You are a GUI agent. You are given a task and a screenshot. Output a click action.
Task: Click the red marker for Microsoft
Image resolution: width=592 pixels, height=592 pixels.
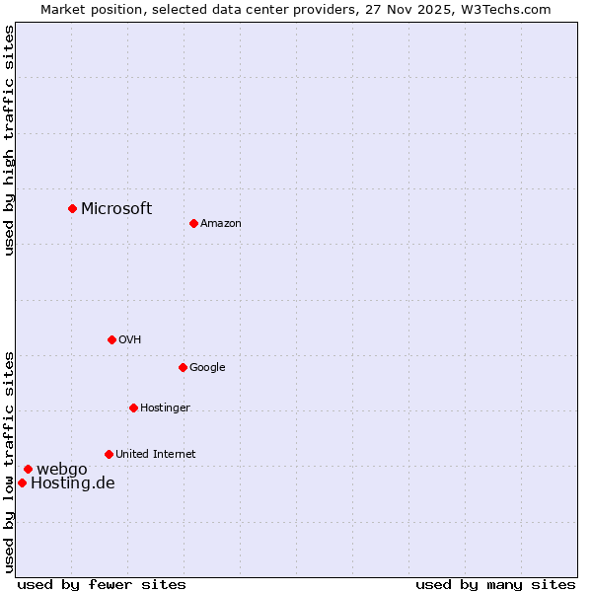click(x=72, y=208)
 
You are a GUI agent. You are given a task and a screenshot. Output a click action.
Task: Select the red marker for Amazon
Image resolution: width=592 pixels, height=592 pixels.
click(x=193, y=223)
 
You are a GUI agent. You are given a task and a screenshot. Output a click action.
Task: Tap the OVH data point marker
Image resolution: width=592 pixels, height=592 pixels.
click(x=111, y=339)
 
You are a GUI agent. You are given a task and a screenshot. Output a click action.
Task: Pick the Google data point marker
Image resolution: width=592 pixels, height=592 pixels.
click(x=183, y=367)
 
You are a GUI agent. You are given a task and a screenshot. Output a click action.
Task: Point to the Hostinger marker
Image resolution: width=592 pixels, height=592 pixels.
click(x=133, y=407)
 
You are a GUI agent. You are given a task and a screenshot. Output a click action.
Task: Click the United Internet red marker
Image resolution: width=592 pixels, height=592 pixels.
click(x=109, y=454)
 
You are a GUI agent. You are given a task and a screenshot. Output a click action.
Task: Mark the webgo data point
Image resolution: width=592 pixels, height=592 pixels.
click(x=28, y=469)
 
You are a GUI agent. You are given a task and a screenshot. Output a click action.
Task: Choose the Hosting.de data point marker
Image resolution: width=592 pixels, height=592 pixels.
click(x=22, y=482)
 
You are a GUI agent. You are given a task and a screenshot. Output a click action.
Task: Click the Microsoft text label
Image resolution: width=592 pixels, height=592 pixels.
click(x=116, y=208)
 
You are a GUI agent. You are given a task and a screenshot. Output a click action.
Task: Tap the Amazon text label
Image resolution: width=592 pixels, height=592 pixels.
click(x=221, y=223)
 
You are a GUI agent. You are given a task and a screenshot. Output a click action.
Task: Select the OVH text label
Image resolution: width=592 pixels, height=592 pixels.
click(x=130, y=339)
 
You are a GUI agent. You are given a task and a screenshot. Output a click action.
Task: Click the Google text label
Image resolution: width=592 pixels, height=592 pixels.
click(x=207, y=367)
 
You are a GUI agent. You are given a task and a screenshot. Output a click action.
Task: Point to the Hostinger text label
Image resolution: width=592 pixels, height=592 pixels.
click(x=165, y=407)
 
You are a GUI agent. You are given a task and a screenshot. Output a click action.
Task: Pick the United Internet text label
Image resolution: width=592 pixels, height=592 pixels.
click(x=156, y=454)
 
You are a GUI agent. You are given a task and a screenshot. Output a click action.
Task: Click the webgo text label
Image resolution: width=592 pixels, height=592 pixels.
click(x=62, y=469)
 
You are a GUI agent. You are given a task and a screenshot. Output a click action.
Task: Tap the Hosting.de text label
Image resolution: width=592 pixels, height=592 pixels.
click(x=73, y=482)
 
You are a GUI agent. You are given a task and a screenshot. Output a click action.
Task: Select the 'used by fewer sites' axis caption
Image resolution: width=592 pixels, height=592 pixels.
click(x=102, y=584)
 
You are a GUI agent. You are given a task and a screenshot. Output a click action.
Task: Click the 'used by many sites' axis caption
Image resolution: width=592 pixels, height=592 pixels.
click(x=495, y=584)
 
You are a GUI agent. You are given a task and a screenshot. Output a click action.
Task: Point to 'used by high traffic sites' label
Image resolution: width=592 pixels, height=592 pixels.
click(x=9, y=140)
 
